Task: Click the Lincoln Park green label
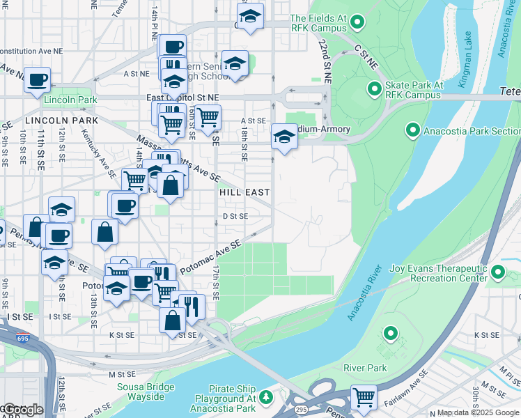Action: [68, 100]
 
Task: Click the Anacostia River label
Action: [365, 293]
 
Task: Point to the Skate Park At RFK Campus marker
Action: [372, 89]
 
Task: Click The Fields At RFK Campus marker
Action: [357, 23]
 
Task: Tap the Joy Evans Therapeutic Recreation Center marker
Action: [498, 272]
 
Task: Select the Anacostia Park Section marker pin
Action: [412, 130]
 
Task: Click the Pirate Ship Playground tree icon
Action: [266, 398]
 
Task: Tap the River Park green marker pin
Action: [391, 334]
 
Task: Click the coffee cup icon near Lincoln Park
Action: [37, 78]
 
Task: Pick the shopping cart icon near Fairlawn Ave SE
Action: [364, 397]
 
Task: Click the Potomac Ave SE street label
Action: [210, 256]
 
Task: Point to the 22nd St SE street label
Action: [325, 58]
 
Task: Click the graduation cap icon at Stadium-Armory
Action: [284, 137]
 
